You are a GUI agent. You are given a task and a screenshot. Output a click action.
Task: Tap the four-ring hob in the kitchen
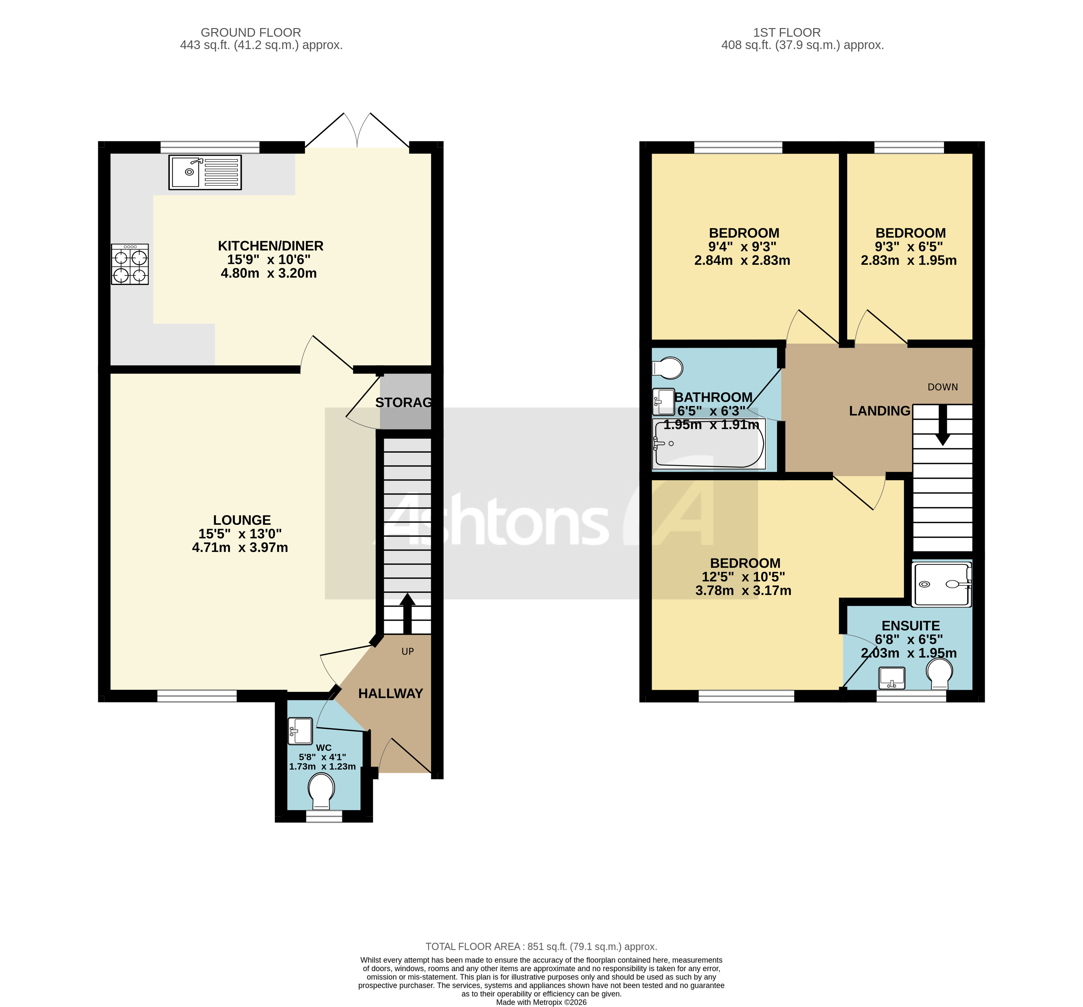(x=130, y=264)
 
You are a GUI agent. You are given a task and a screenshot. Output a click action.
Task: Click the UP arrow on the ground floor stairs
(x=407, y=612)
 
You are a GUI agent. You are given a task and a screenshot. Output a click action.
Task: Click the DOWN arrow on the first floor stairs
(x=942, y=427)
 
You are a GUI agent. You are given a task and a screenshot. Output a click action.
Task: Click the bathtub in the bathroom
(x=708, y=444)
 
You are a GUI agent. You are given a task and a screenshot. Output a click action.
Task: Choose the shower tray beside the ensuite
(x=941, y=584)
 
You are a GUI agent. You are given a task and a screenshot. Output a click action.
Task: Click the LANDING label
(x=879, y=411)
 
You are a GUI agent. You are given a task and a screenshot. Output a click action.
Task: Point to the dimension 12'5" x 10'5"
(x=743, y=576)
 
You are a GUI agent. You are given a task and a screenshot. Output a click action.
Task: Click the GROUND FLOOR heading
(x=250, y=33)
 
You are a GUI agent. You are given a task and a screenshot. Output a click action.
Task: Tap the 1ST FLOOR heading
(x=787, y=33)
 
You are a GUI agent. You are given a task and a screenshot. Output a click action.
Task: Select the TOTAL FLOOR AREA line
(x=541, y=947)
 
